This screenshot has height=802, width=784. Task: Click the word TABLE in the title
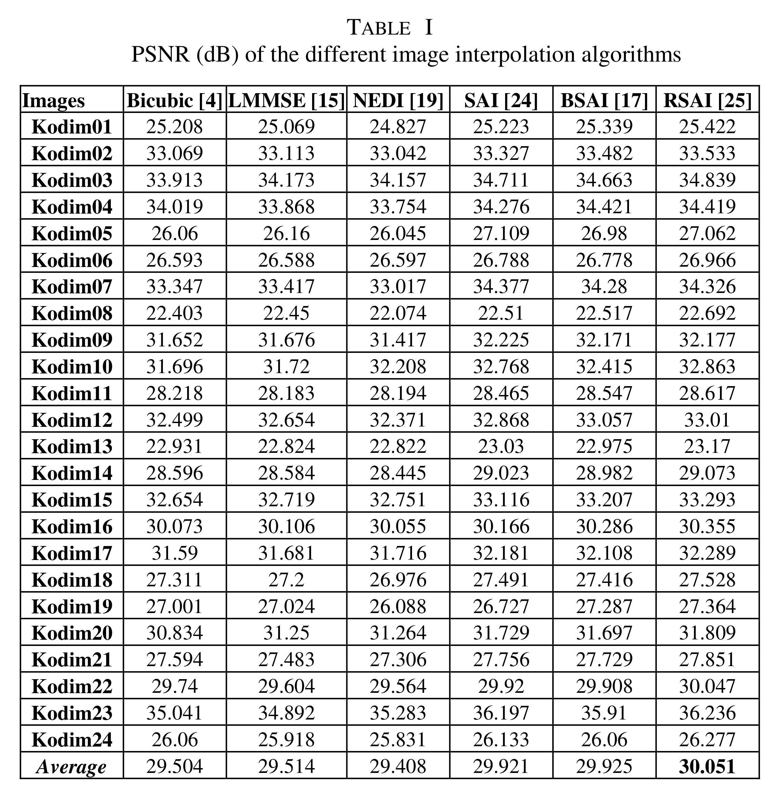pyautogui.click(x=379, y=28)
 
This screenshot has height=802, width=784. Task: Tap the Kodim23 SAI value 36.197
pyautogui.click(x=501, y=713)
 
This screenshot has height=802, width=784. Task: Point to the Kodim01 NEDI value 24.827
pyautogui.click(x=398, y=126)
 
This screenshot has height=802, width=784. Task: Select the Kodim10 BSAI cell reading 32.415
pyautogui.click(x=604, y=367)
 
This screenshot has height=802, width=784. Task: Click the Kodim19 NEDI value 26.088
pyautogui.click(x=398, y=606)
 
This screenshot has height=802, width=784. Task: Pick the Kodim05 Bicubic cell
pyautogui.click(x=175, y=233)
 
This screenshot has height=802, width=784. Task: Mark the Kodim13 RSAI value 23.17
pyautogui.click(x=707, y=446)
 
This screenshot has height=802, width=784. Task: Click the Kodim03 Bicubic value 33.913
pyautogui.click(x=175, y=180)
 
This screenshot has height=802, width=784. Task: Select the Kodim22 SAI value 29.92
pyautogui.click(x=501, y=686)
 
